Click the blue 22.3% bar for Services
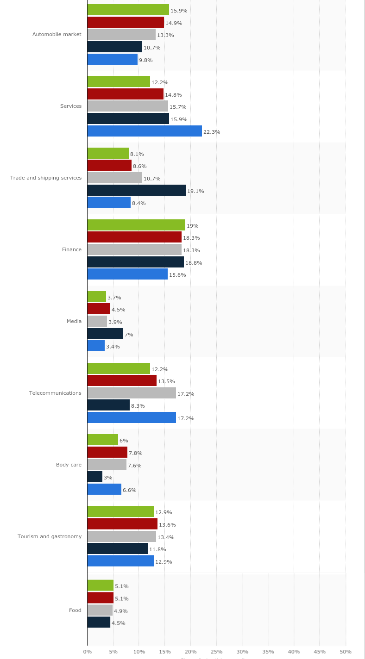click(x=145, y=131)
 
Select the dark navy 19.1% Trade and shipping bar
click(x=137, y=190)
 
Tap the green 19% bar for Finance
click(x=136, y=225)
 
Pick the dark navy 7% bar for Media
click(x=105, y=334)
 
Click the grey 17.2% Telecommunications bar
click(x=132, y=393)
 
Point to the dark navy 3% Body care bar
click(x=95, y=477)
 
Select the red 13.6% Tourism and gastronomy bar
click(x=122, y=524)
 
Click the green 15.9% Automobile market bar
click(x=128, y=10)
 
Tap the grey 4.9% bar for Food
click(x=100, y=610)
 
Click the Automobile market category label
click(x=57, y=34)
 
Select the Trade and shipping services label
click(x=46, y=178)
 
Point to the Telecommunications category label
click(x=55, y=393)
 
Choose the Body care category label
click(x=69, y=465)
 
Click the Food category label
click(x=75, y=610)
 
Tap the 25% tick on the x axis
click(x=216, y=652)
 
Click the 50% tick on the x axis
click(x=346, y=652)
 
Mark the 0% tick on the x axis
click(x=87, y=652)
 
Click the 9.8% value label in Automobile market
click(x=145, y=60)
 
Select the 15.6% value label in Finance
click(x=177, y=275)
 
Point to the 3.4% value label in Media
click(x=113, y=347)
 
